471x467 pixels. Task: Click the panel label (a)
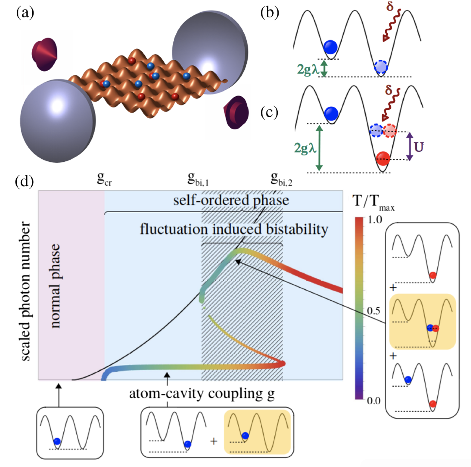[x=25, y=13]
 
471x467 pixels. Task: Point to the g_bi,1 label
[x=198, y=179]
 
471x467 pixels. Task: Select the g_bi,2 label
[x=281, y=179]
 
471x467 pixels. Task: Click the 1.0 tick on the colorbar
[x=375, y=220]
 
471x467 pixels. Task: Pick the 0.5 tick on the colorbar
[x=373, y=311]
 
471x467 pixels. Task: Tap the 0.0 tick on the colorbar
[x=373, y=400]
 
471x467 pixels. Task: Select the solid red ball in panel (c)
[x=383, y=158]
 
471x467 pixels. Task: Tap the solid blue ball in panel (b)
[x=330, y=47]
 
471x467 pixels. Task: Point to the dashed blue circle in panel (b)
[x=381, y=67]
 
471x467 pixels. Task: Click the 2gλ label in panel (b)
[x=307, y=69]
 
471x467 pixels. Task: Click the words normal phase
[x=55, y=286]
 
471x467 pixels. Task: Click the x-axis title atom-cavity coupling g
[x=202, y=394]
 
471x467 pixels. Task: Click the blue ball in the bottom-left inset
[x=57, y=442]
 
